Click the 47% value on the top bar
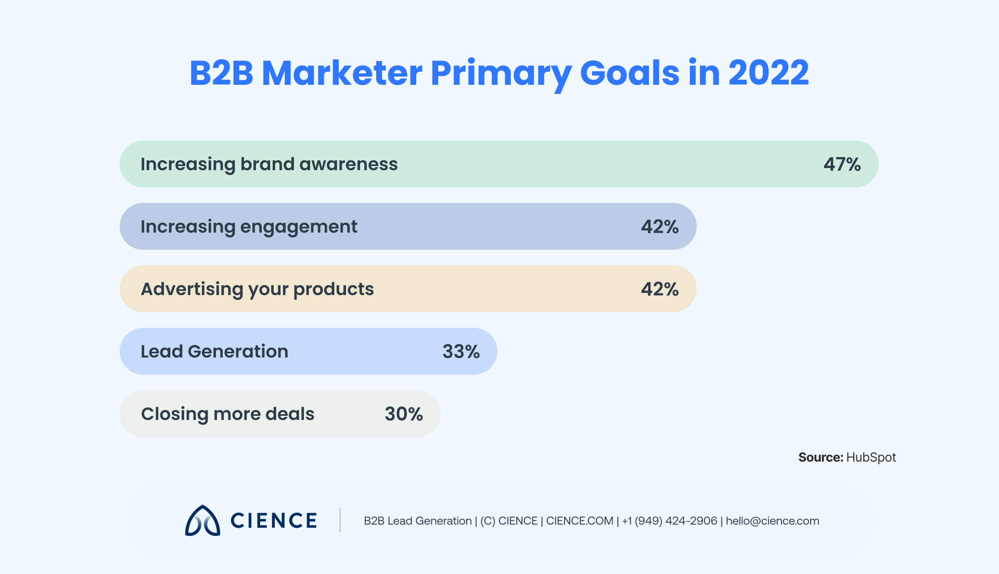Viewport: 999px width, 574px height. coord(841,164)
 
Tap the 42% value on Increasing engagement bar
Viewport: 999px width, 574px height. coord(659,227)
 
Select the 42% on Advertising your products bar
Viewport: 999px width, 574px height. coord(659,289)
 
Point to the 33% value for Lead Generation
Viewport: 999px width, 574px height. coord(460,352)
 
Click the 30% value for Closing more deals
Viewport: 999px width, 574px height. coord(403,414)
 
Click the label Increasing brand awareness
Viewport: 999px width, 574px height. coord(269,164)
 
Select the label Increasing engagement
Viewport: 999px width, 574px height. coord(249,227)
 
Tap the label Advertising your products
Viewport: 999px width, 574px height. coord(257,289)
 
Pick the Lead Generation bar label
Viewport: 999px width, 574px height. coord(214,352)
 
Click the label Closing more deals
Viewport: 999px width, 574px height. coord(227,414)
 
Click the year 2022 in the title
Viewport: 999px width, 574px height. coord(768,73)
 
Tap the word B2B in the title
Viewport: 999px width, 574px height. coord(221,73)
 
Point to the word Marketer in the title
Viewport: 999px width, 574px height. coord(342,73)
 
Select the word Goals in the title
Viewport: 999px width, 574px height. coord(629,73)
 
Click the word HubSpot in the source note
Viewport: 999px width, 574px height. coord(871,457)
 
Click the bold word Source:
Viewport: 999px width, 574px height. coord(821,457)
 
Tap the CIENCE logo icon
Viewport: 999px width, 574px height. coord(202,520)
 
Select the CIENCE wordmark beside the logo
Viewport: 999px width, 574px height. coord(274,520)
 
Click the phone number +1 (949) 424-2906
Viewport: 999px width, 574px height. coord(670,521)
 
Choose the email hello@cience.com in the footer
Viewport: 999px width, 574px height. coord(772,521)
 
